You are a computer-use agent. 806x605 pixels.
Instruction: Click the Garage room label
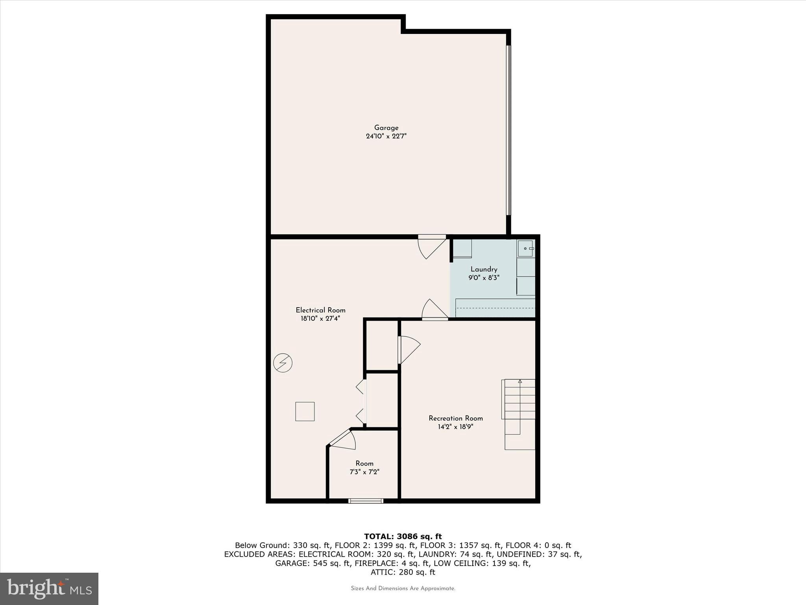tap(386, 128)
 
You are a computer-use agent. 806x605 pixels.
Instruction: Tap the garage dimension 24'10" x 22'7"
tap(386, 136)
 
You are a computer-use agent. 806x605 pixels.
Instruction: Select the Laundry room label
tap(484, 269)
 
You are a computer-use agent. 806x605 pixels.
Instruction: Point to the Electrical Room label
tap(320, 310)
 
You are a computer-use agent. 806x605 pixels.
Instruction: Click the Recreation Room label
tap(456, 418)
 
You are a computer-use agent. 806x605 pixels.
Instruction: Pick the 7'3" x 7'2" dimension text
tap(364, 472)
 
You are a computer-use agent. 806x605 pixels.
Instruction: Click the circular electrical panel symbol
tap(283, 363)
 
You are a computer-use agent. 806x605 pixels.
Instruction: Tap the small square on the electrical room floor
tap(305, 412)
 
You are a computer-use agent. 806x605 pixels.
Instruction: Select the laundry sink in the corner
tap(526, 249)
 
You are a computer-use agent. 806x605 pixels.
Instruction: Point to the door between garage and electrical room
tap(432, 247)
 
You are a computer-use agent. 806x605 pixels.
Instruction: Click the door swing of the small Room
tap(344, 440)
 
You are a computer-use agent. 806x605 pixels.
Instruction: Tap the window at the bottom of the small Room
tap(366, 501)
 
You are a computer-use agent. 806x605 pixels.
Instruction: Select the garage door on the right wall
tap(508, 130)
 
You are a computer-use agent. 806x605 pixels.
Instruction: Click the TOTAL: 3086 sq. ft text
tap(403, 536)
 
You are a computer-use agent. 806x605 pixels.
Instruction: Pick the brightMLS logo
tap(49, 588)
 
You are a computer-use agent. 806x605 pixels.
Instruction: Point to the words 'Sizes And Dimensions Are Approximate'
tap(403, 588)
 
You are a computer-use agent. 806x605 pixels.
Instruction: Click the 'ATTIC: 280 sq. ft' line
tap(403, 572)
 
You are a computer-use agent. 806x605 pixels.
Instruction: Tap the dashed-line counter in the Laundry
tap(495, 308)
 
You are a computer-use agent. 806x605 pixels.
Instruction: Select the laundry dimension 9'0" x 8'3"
tap(484, 278)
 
